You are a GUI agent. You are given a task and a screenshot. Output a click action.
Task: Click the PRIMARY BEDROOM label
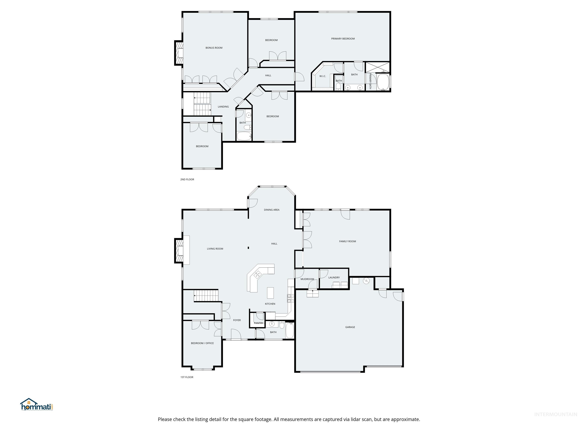coord(343,39)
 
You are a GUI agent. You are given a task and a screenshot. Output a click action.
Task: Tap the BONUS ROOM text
coord(214,48)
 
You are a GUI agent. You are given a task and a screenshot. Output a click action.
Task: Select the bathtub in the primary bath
coord(383,82)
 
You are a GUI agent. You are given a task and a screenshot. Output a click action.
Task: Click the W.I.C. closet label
coord(322,76)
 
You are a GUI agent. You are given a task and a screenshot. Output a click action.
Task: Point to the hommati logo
coord(37,405)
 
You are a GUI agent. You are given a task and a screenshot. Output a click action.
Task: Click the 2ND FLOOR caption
coord(187,180)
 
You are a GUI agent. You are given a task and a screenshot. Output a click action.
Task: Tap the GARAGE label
coord(350,327)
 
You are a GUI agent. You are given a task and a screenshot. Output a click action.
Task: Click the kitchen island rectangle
coord(270,293)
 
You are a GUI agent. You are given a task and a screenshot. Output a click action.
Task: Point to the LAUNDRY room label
coord(334,278)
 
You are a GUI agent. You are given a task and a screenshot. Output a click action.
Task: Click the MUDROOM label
coord(307,279)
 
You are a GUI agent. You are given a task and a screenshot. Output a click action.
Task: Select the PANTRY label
coord(259,323)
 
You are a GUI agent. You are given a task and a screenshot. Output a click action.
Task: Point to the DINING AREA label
coord(272,210)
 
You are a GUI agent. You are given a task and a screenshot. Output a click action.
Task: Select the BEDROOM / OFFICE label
coord(202,343)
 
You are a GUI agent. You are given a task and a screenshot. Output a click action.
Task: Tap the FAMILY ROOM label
coord(347,241)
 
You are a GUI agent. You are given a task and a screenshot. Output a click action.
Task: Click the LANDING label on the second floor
coord(223,107)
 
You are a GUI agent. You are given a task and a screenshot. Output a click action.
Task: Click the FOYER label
coord(237,320)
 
